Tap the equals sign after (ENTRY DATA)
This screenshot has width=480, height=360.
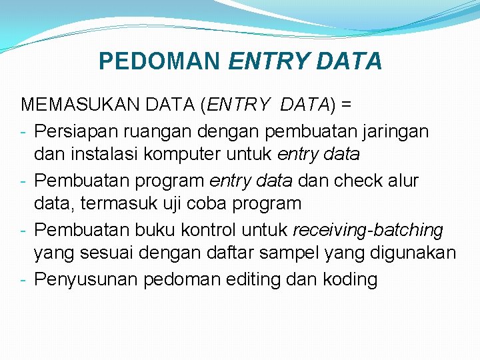(x=346, y=105)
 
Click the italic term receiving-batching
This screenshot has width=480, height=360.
(x=368, y=230)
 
